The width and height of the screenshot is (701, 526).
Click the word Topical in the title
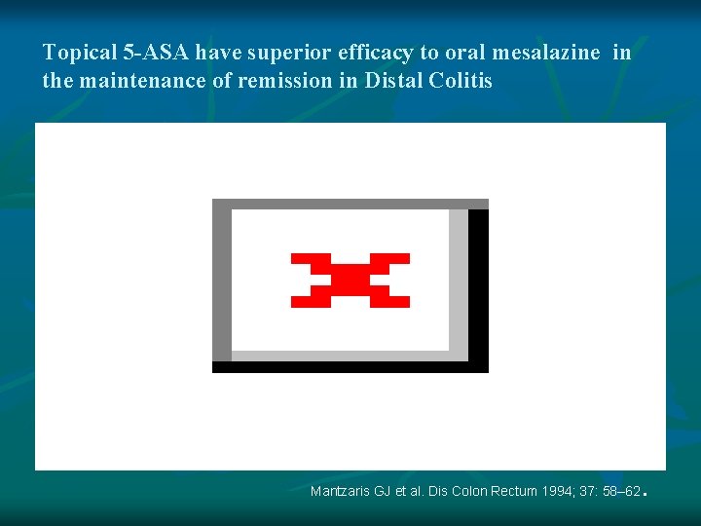(x=79, y=54)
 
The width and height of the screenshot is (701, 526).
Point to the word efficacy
(x=375, y=54)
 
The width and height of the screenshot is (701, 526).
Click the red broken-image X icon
(x=350, y=281)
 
